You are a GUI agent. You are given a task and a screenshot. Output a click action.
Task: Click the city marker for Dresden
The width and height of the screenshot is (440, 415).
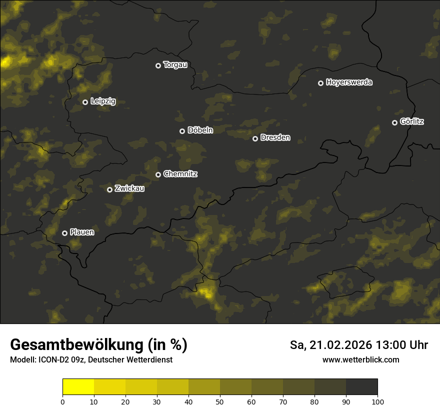pyautogui.click(x=255, y=138)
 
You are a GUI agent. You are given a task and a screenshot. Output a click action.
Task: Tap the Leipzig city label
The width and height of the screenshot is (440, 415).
pyautogui.click(x=103, y=101)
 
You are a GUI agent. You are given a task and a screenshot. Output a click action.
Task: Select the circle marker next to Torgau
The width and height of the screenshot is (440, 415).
pyautogui.click(x=158, y=65)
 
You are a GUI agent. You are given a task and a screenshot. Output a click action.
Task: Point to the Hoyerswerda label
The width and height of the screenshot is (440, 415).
pyautogui.click(x=349, y=82)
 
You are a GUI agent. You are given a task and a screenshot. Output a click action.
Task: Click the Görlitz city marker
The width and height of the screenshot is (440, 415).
pyautogui.click(x=394, y=122)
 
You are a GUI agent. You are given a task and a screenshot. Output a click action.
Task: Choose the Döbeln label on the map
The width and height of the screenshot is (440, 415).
pyautogui.click(x=200, y=130)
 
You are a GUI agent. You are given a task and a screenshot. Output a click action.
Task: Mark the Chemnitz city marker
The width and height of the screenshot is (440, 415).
pyautogui.click(x=158, y=174)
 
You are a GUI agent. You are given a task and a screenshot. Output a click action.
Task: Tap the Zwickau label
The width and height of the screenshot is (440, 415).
pyautogui.click(x=129, y=188)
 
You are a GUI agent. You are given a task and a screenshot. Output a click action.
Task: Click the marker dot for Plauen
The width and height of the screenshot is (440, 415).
pyautogui.click(x=64, y=233)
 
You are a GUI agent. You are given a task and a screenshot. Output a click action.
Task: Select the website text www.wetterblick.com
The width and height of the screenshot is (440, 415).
pyautogui.click(x=361, y=359)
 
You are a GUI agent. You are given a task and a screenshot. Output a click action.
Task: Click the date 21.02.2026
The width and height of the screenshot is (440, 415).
pyautogui.click(x=340, y=345)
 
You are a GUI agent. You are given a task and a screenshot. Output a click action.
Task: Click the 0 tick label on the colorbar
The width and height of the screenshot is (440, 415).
pyautogui.click(x=62, y=401)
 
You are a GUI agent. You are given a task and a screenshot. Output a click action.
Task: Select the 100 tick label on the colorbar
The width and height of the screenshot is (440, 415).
pyautogui.click(x=377, y=401)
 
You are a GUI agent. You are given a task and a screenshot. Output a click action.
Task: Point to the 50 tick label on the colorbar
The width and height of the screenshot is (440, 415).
pyautogui.click(x=220, y=401)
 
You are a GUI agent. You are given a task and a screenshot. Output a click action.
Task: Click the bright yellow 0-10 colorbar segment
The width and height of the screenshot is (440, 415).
pyautogui.click(x=78, y=387)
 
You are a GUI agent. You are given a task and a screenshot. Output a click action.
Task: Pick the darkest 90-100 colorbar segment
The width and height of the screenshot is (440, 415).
pyautogui.click(x=361, y=387)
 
